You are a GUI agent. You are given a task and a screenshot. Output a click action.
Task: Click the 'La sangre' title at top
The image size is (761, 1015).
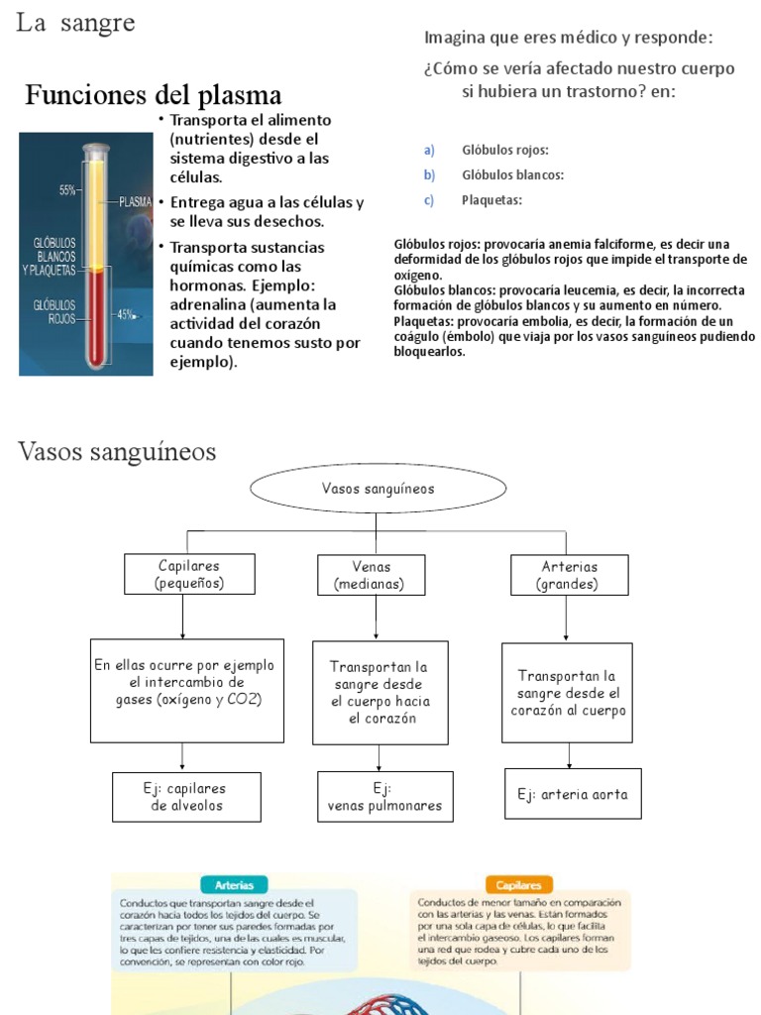coord(75,24)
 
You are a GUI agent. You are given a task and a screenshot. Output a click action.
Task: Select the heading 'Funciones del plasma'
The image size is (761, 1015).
coord(153,95)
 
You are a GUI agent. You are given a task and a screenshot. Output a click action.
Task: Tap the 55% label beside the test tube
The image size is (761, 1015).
coord(68,190)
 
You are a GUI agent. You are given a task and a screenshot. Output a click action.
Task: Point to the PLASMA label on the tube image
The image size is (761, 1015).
coord(135,201)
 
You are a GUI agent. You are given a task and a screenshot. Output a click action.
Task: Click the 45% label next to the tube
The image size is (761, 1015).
coord(127,314)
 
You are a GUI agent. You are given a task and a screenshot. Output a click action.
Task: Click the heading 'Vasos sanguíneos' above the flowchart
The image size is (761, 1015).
coord(117,453)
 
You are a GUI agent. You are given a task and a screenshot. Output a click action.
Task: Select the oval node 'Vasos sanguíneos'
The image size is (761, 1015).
coord(378,489)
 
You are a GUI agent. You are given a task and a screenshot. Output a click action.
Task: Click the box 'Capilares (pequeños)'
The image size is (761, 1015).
coord(189,574)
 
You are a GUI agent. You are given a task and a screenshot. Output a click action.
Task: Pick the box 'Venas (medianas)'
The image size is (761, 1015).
coord(371,575)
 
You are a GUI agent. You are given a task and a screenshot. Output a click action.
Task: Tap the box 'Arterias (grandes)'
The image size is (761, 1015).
coord(569,575)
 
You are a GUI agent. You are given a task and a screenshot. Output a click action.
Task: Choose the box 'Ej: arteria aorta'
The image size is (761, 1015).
coord(573,794)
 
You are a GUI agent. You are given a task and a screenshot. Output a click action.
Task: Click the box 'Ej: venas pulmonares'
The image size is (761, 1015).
coord(384,798)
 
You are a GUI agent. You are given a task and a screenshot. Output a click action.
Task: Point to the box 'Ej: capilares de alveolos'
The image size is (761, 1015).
coord(187,797)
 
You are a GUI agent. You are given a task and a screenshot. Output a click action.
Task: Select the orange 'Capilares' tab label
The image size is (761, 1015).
coord(519,885)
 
